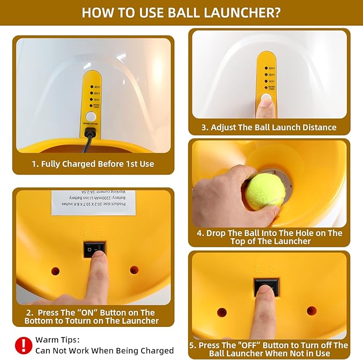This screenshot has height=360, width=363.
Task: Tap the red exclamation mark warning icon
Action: click(23, 345)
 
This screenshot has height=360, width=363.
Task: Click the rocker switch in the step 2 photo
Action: click(94, 249)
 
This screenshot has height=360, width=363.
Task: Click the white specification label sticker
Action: click(94, 202)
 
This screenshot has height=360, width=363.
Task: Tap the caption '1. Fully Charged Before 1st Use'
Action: click(93, 164)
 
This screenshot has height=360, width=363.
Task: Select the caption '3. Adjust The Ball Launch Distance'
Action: click(269, 127)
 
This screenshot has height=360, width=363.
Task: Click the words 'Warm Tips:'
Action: click(57, 339)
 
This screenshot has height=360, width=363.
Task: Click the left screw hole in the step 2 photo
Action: click(55, 271)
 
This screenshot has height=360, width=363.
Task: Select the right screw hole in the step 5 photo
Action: click(312, 310)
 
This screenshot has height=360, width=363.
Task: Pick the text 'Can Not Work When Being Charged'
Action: click(104, 350)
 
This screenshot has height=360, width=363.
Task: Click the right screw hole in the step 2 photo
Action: click(134, 270)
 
